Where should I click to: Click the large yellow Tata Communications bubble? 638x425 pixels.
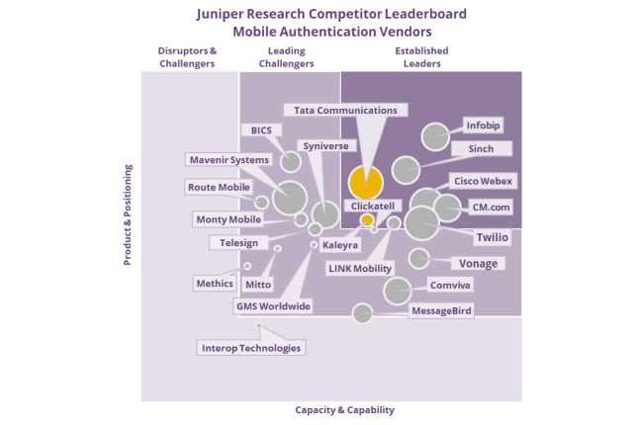[365, 183]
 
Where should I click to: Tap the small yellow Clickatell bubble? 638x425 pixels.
[367, 220]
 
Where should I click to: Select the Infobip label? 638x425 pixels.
[483, 126]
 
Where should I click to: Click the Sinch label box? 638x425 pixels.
[481, 149]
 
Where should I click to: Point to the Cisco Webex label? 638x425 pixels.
[483, 181]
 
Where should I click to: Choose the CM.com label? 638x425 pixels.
[491, 208]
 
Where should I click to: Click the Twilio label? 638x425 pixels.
[492, 237]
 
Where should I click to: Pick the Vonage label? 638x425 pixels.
[478, 264]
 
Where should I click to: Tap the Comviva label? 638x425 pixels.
[450, 285]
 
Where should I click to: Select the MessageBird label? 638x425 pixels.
[441, 310]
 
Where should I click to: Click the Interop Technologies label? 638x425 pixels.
[251, 348]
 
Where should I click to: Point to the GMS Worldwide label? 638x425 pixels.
[273, 306]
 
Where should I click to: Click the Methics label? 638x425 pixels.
[215, 284]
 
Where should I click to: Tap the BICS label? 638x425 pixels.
[261, 130]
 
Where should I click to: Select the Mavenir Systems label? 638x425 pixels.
[229, 160]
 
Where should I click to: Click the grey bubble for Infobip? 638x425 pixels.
[435, 136]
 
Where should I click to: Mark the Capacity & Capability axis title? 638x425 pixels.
[344, 410]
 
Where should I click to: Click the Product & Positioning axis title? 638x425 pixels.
[128, 214]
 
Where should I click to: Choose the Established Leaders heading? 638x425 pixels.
[422, 57]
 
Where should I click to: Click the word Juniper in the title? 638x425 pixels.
[221, 14]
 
